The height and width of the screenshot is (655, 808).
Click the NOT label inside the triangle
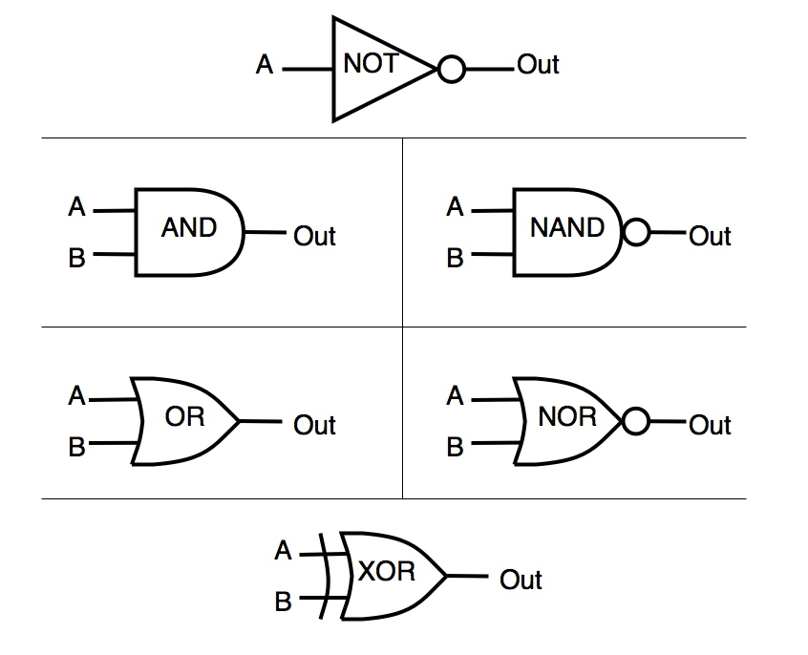(x=371, y=65)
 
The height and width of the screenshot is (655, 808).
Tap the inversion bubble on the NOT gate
(x=451, y=70)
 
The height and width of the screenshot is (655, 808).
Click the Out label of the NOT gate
(x=538, y=65)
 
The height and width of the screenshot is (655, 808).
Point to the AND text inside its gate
(x=189, y=228)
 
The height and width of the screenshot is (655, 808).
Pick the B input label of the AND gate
(x=77, y=258)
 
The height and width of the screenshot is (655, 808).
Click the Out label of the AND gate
(x=314, y=236)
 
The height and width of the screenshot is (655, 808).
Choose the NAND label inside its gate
(x=567, y=228)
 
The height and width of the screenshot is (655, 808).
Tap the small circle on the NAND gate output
(x=635, y=232)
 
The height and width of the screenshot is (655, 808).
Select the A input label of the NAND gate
(x=456, y=207)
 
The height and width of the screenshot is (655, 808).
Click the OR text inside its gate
(x=185, y=417)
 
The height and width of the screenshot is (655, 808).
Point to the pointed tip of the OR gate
(x=238, y=420)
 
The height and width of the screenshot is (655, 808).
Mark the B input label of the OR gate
(x=77, y=446)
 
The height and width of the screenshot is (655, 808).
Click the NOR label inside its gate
(x=566, y=417)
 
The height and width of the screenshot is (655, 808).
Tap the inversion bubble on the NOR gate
(x=635, y=421)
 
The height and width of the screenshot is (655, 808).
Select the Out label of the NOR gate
(x=710, y=425)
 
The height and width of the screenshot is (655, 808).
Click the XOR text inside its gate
(x=387, y=572)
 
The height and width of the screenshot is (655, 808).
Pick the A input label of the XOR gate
(x=283, y=551)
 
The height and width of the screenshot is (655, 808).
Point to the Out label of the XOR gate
(x=521, y=580)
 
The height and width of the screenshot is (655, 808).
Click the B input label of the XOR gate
(x=283, y=602)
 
